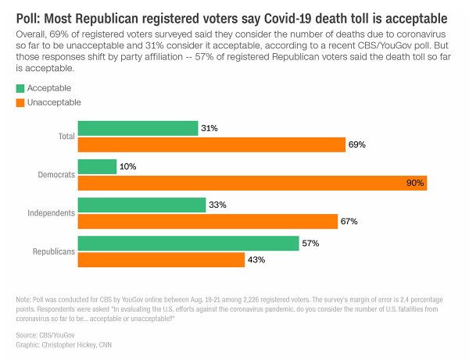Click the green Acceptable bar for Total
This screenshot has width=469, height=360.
138,128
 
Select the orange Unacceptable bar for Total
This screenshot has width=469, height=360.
211,144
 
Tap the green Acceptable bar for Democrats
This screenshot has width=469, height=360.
98,166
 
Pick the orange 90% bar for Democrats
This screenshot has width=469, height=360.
252,183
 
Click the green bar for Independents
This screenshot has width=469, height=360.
141,205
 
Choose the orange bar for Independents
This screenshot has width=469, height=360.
207,221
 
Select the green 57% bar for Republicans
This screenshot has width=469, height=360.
188,243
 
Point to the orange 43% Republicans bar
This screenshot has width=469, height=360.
161,259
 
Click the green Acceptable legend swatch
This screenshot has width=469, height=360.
20,87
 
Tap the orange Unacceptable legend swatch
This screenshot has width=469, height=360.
20,102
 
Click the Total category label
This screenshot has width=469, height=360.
66,137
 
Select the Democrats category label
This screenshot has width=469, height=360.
55,175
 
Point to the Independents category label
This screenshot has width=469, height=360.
51,212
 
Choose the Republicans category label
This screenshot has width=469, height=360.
52,251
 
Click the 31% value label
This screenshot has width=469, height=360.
210,128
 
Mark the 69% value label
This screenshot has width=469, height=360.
357,144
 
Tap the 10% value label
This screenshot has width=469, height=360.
129,166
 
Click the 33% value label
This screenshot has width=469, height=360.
218,205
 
